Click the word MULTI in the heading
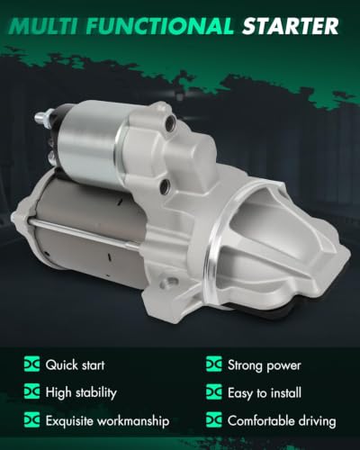(42, 26)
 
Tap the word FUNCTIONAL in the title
(160, 26)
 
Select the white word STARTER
(291, 26)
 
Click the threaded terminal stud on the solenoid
(41, 118)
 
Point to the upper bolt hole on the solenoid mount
(171, 121)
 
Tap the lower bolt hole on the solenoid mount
(165, 186)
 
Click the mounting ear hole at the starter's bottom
(172, 282)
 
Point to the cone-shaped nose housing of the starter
(279, 240)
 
